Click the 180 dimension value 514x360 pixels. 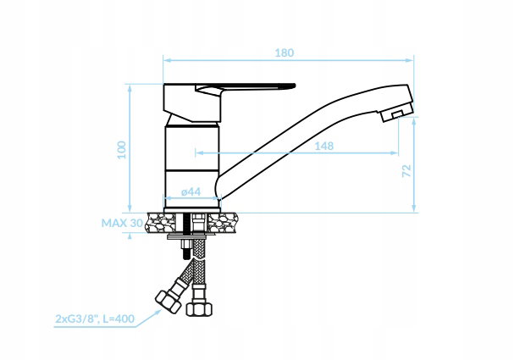click(x=284, y=53)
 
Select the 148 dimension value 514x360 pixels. click(x=323, y=146)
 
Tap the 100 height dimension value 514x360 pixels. click(x=122, y=150)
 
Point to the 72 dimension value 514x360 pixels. click(x=406, y=171)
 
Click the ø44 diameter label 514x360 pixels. click(x=191, y=191)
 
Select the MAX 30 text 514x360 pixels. click(x=122, y=223)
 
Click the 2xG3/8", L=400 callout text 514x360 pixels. click(x=95, y=318)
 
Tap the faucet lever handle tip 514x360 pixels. click(x=294, y=86)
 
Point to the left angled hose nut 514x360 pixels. click(x=168, y=302)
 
